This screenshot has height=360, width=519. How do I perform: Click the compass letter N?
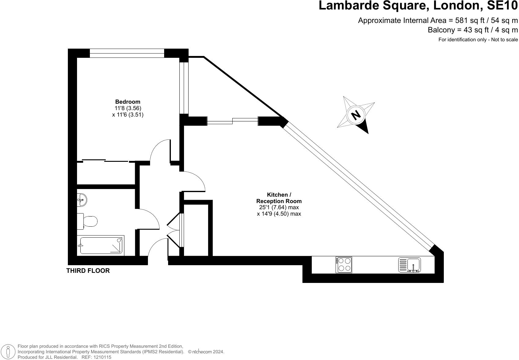pos(355,115)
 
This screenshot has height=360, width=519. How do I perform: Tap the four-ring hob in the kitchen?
pos(344,265)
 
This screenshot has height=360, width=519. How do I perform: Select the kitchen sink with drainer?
pos(410,265)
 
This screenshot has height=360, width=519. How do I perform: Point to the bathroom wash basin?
pos(82,200)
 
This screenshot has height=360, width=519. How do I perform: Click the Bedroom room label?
pos(128,102)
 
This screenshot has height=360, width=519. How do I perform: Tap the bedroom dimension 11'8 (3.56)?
pos(128,108)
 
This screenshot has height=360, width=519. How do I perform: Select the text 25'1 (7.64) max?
pos(279,207)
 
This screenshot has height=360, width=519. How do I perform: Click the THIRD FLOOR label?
pos(88,271)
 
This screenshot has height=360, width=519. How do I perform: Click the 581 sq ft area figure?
pos(468,20)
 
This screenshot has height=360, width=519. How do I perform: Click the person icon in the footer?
pos(8,351)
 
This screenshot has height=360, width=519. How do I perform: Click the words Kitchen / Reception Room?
pos(279,198)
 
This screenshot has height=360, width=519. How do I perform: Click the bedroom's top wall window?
pos(127,53)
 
